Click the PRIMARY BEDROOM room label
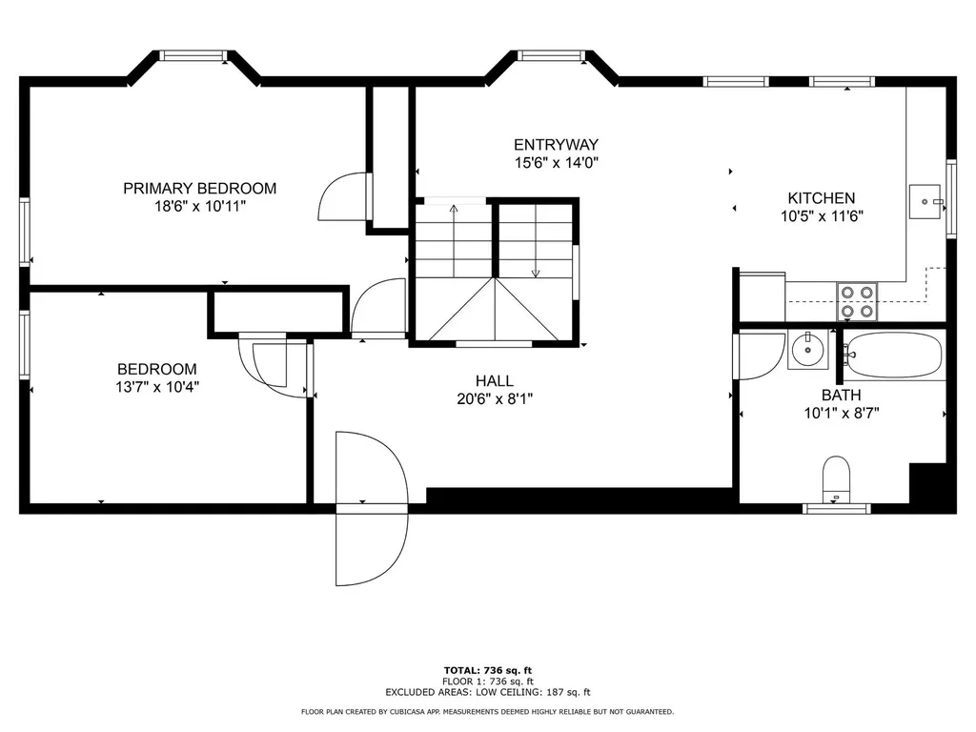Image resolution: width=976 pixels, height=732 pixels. (200, 188)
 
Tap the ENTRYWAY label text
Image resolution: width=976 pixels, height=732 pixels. (556, 145)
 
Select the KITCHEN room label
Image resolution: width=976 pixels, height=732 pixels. (822, 198)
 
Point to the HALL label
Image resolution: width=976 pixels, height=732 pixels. (495, 381)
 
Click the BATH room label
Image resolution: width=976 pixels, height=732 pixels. (842, 396)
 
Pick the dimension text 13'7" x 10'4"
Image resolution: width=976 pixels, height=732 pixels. (157, 387)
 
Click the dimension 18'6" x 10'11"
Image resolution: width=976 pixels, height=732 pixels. (200, 207)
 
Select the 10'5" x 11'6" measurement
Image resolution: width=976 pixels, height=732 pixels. (822, 216)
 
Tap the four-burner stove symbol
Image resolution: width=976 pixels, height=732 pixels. (857, 301)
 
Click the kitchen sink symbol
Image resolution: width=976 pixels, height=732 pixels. (925, 201)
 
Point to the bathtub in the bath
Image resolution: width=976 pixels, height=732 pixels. (892, 355)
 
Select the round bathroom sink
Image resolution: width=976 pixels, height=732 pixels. (808, 351)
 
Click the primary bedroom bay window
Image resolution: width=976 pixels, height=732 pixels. (194, 56)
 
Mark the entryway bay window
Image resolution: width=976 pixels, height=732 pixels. (552, 56)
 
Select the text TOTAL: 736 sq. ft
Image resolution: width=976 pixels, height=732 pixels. (488, 670)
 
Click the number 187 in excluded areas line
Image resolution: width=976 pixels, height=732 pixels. (554, 692)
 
